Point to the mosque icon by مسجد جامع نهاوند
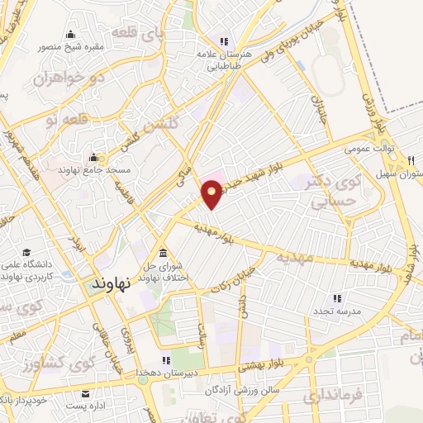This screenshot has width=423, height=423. coord(93,156)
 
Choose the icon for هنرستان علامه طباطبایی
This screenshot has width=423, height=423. coord(223,40)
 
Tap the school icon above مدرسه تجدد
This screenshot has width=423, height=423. coord(337,297)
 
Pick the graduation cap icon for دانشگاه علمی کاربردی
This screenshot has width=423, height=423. coord(27,252)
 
